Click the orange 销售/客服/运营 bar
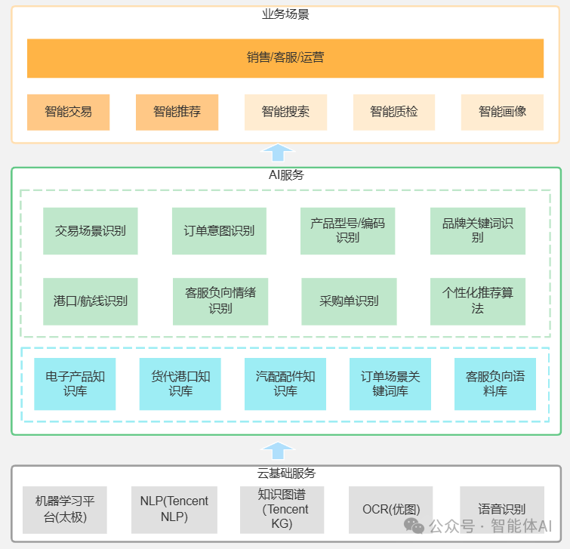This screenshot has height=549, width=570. tap(285, 58)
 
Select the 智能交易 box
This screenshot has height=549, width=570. tap(68, 112)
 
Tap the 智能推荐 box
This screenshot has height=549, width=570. tap(177, 112)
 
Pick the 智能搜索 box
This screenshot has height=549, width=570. tap(285, 112)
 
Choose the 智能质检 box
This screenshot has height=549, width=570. tap(393, 112)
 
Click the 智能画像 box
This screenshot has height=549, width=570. tap(502, 112)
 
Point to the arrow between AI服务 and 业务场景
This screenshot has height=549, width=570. tap(277, 153)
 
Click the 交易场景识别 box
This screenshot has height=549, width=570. tap(90, 230)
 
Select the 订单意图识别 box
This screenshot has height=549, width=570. tap(219, 230)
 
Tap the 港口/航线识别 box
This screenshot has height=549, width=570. tap(90, 301)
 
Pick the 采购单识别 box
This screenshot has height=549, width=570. tap(349, 301)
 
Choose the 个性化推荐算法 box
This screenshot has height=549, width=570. tap(477, 301)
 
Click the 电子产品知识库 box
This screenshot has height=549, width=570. tap(75, 384)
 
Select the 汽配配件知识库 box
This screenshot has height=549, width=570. tap(285, 384)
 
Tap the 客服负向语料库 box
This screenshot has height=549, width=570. tap(495, 384)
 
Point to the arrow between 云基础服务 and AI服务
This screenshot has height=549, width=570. tap(277, 451)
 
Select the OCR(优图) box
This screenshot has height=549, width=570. tap(391, 509)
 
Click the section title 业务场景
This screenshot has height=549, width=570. tap(285, 14)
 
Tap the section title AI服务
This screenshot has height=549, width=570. tap(285, 175)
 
